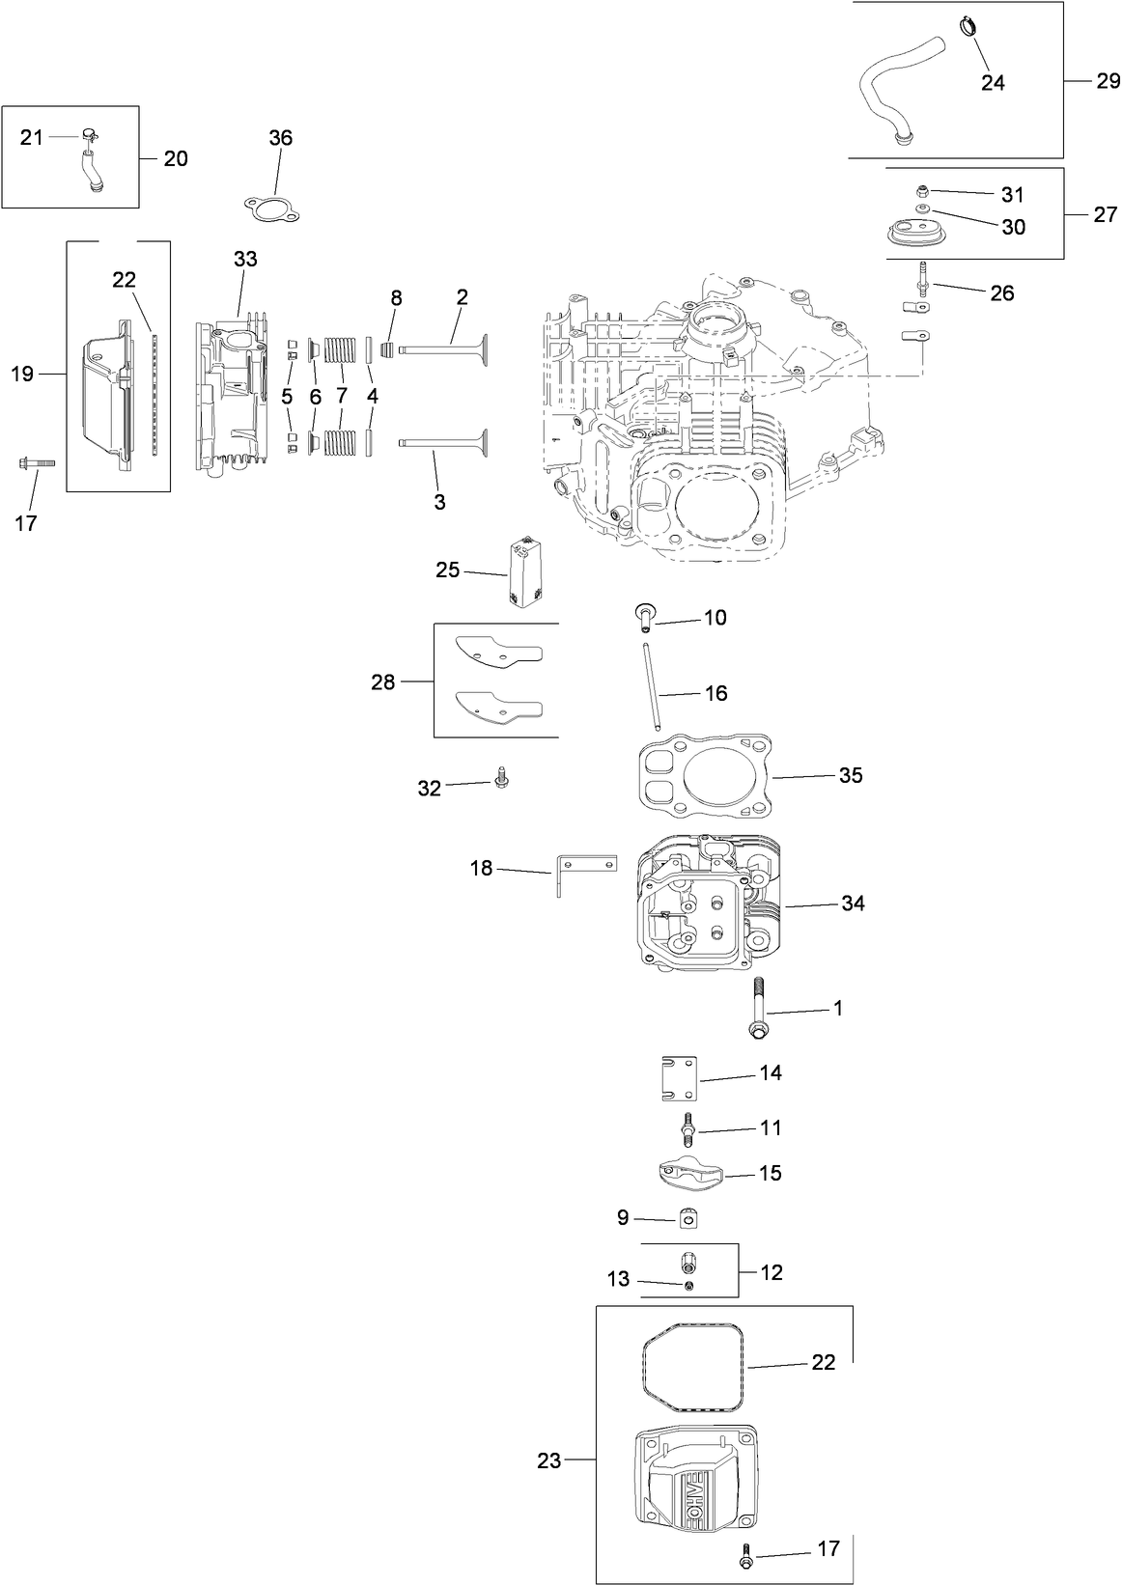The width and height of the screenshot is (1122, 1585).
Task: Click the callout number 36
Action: [x=280, y=138]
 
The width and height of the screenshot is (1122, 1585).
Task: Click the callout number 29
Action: [x=1108, y=81]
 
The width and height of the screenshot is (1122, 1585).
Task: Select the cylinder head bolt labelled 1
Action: [x=756, y=1009]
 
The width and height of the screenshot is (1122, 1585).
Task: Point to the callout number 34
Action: [x=853, y=904]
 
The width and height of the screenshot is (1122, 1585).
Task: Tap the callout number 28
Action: [x=383, y=682]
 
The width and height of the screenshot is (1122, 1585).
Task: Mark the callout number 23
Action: [x=549, y=1461]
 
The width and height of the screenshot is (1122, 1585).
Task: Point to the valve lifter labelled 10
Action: [x=643, y=612]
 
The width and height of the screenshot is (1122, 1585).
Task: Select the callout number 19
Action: [x=22, y=374]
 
